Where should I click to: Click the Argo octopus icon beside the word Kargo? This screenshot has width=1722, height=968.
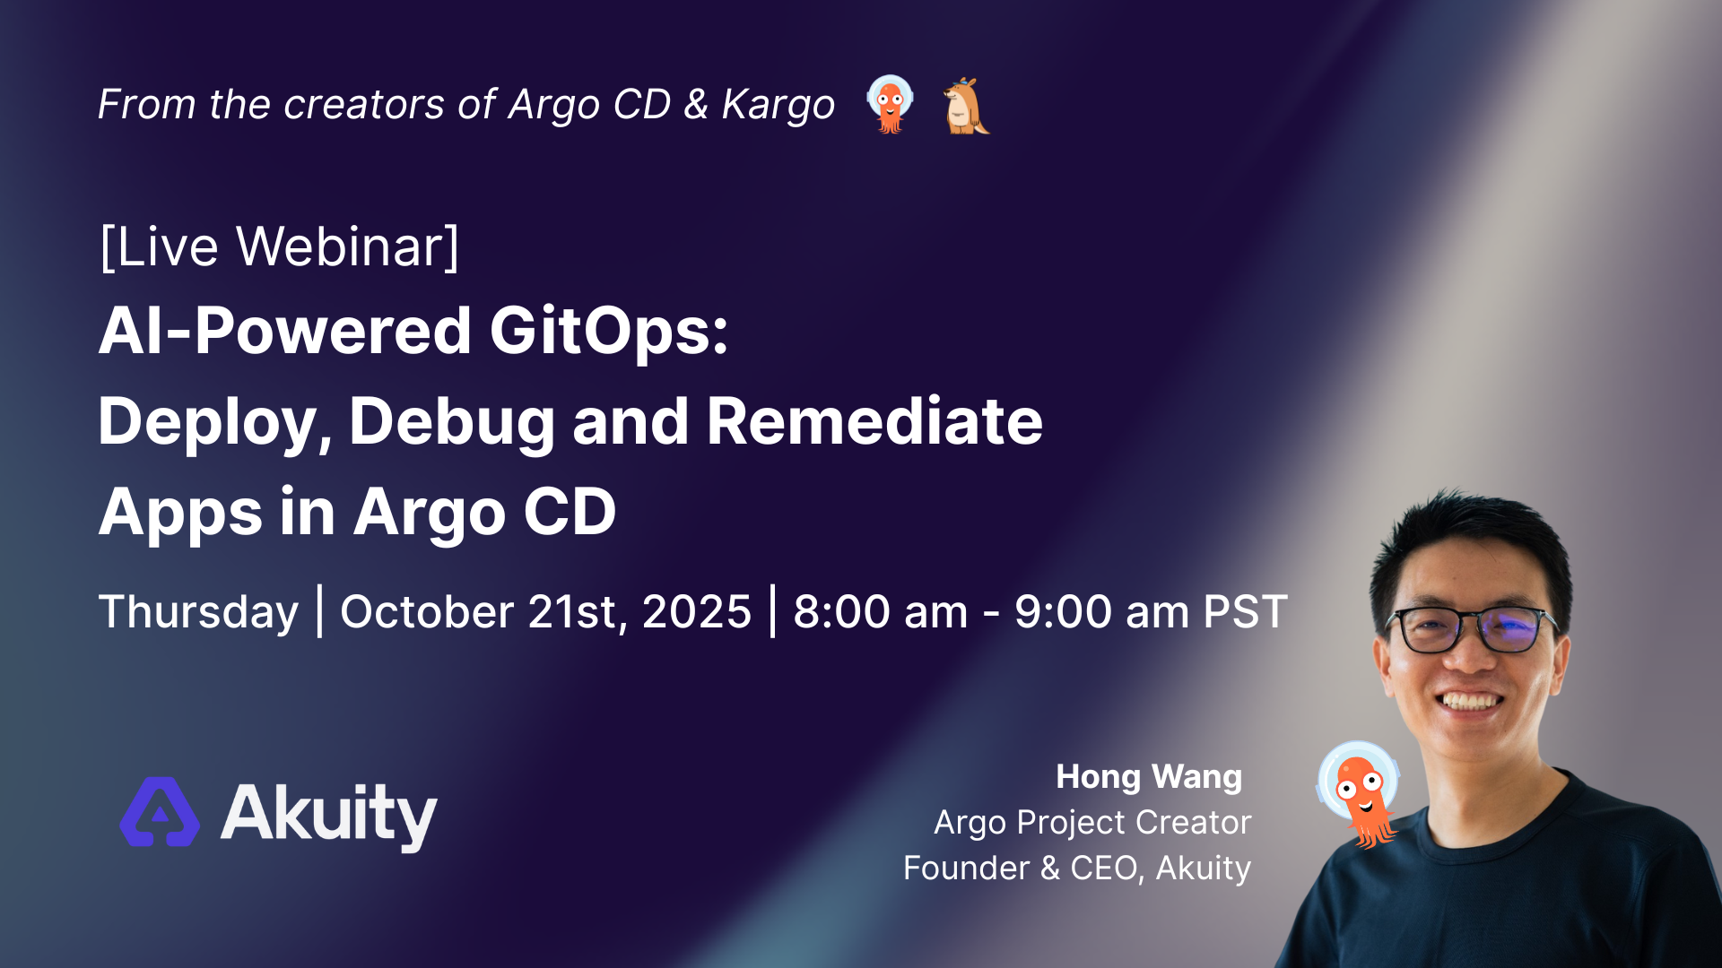(x=890, y=104)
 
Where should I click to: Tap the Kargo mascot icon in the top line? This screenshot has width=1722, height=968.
(x=966, y=106)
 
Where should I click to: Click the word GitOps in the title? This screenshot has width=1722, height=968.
(x=609, y=331)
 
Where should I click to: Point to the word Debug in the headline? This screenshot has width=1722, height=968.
(x=452, y=422)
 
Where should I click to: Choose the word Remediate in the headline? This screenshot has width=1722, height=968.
(x=875, y=420)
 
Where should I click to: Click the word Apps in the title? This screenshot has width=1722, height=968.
(x=180, y=514)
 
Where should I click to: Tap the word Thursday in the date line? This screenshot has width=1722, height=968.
(x=198, y=613)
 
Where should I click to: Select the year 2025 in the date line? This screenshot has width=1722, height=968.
(x=697, y=611)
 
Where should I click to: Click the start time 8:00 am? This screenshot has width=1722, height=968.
(x=881, y=611)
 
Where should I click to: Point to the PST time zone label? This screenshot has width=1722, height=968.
(x=1246, y=611)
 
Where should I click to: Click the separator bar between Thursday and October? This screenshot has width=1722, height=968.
(x=320, y=611)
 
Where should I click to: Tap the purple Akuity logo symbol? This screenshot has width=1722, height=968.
(x=161, y=811)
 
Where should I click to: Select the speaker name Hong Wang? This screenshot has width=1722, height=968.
(x=1149, y=776)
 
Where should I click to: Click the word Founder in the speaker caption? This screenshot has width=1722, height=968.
(x=967, y=868)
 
